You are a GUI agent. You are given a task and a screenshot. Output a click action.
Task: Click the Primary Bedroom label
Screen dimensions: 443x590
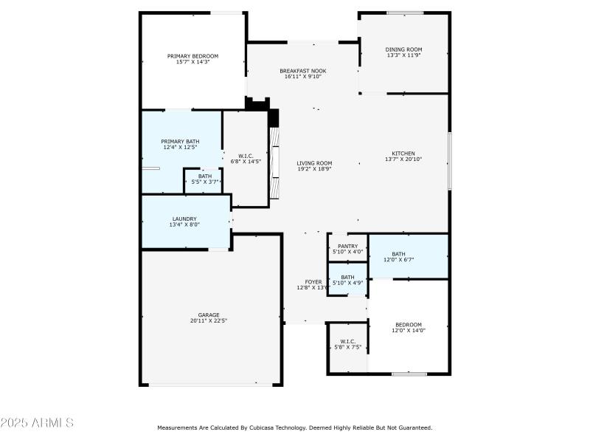192,56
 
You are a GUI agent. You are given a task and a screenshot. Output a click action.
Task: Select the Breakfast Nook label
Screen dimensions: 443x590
302,71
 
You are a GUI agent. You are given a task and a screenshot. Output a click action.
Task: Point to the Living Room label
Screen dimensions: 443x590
314,163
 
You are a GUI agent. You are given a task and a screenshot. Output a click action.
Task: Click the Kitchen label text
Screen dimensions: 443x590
403,154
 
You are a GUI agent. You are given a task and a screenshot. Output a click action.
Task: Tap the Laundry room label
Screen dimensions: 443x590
184,219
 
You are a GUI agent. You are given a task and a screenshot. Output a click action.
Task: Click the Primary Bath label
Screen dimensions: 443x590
180,142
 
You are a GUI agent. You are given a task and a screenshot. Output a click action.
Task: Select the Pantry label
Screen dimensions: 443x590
347,247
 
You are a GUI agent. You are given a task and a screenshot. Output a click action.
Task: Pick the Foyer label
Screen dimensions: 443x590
313,282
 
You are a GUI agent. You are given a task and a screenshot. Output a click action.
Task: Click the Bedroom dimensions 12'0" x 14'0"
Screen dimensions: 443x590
408,331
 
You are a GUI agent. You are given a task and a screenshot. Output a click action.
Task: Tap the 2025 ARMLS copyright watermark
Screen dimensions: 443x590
37,423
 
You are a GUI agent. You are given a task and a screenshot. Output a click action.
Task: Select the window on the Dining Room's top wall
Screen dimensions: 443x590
405,13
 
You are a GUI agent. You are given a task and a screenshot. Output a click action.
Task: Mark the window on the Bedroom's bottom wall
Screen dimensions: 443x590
409,374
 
